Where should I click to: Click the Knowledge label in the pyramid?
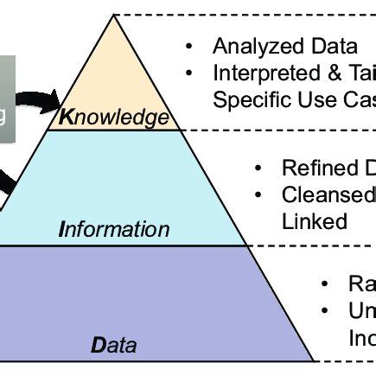point(113,116)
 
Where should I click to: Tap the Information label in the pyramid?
point(116,230)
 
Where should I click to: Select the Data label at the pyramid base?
point(114,345)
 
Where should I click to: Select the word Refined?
point(315,169)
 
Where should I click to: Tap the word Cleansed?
point(325,194)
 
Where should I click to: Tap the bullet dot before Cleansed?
point(258,194)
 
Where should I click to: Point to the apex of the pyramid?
point(113,16)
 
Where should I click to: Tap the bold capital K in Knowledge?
point(65,117)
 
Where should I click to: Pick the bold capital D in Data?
point(97,345)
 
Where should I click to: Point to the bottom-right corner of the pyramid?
point(312,360)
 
